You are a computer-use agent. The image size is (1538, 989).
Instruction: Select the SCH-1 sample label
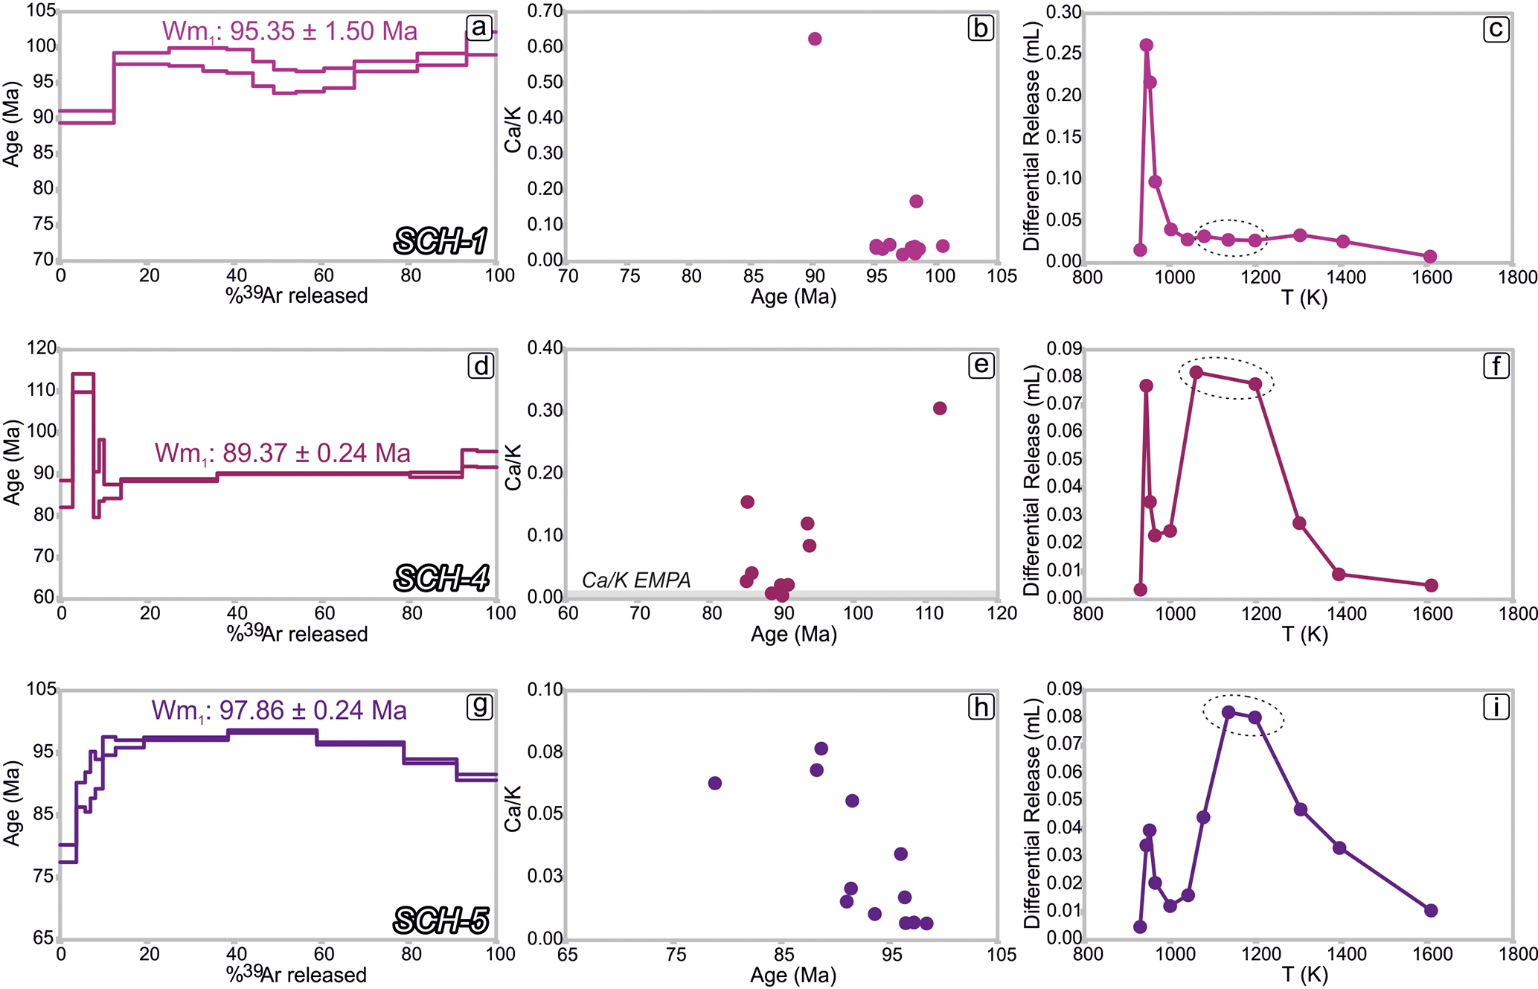pos(440,241)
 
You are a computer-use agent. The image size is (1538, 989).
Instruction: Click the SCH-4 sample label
pos(441,578)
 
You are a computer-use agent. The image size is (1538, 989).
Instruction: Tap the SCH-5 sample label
pos(441,921)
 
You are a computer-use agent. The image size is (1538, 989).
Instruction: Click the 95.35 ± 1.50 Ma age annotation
pos(289,31)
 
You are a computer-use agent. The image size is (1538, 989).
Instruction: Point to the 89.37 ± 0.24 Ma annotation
pos(283,453)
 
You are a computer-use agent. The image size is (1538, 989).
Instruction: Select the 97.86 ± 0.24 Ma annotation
pos(279,711)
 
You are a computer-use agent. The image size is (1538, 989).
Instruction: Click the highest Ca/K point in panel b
pos(815,39)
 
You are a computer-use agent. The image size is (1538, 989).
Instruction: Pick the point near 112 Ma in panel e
pos(940,409)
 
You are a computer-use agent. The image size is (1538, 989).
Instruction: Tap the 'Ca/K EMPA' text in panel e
pos(636,580)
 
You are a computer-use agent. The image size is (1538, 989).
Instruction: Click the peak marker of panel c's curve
pos(1146,45)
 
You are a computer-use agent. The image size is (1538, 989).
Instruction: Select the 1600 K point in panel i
pos(1431,911)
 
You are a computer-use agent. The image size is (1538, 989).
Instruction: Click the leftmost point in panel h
pos(715,783)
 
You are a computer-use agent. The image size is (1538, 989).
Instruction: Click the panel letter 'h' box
pos(981,706)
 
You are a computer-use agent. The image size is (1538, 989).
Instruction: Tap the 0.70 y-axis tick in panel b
pos(545,11)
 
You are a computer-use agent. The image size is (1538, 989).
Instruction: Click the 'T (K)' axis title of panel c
pos(1304,298)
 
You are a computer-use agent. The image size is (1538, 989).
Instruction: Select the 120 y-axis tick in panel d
pos(41,348)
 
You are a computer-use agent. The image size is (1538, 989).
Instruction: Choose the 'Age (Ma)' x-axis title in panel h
pos(793,976)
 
